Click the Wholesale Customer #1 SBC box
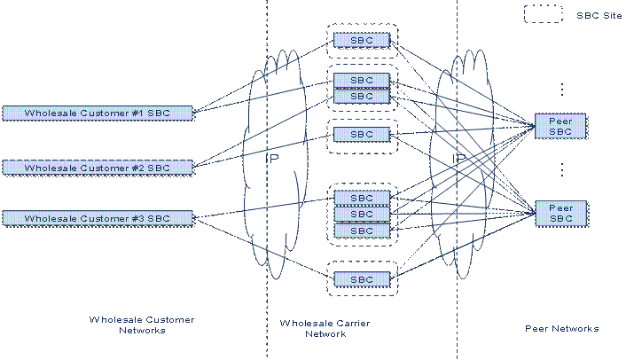click(98, 113)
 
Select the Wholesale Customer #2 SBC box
click(98, 168)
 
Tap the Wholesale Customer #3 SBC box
click(98, 218)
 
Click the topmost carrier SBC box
click(362, 40)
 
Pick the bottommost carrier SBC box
click(362, 279)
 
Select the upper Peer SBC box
click(560, 126)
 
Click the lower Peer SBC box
click(560, 213)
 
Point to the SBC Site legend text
click(599, 15)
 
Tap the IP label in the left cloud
click(272, 158)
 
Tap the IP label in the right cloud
click(459, 158)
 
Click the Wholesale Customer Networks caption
click(142, 325)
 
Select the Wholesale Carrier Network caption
click(325, 328)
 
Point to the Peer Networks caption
click(562, 328)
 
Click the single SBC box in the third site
click(362, 134)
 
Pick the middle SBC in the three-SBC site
click(362, 214)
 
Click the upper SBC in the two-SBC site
click(362, 80)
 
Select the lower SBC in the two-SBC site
click(362, 96)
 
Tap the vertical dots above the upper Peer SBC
click(562, 89)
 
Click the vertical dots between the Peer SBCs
click(562, 170)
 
